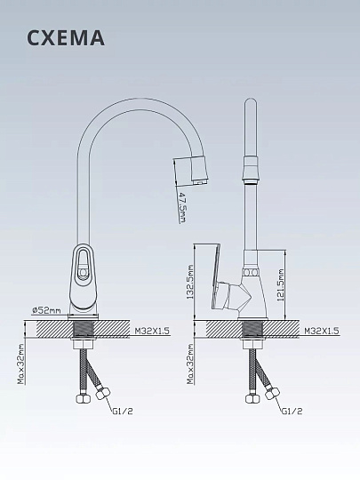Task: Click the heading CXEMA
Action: (66, 38)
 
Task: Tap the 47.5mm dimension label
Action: (182, 207)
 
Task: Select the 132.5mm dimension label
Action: (190, 282)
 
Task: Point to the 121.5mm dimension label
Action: (281, 285)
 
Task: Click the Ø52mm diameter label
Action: (46, 310)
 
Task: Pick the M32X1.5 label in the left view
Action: (152, 331)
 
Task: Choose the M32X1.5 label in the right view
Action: (322, 331)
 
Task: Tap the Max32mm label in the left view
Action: (20, 364)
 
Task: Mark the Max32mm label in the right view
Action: (190, 364)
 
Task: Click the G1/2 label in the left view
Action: (123, 412)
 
